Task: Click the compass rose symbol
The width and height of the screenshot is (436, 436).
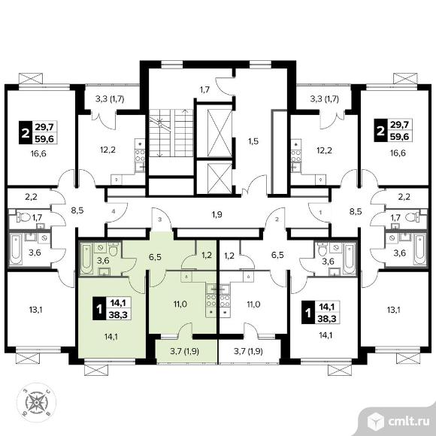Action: coord(36,402)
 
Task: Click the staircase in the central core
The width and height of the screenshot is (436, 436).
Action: coord(171,132)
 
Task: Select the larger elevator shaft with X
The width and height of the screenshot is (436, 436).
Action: coord(220,132)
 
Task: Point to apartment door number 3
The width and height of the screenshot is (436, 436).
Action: coord(161,220)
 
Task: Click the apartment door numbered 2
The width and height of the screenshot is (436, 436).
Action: coord(276,220)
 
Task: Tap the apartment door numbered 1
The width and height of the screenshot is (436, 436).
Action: coord(319,213)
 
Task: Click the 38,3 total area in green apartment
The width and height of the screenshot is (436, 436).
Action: coord(117,314)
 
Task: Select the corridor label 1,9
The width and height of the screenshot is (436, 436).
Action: coord(217,214)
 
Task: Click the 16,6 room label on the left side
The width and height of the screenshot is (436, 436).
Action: coord(38,153)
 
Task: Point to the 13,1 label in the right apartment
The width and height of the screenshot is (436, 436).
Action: coord(393,310)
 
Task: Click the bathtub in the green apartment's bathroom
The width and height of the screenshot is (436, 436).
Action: coord(86,259)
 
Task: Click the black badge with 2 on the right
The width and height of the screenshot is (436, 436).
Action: coord(380,130)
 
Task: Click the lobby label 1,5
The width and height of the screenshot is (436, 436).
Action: coord(253,141)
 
